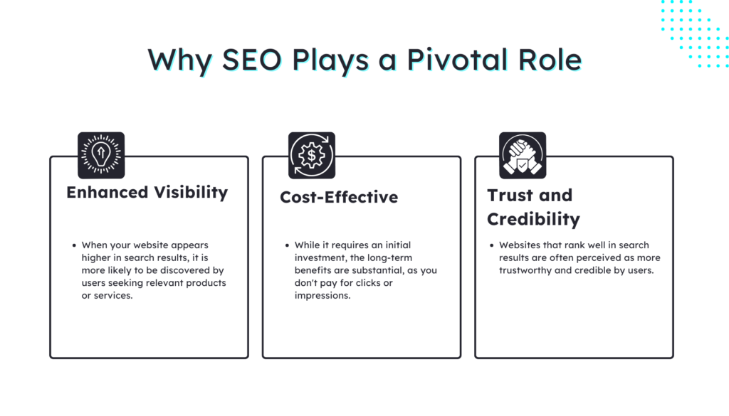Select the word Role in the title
(x=548, y=60)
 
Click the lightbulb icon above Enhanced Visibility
(x=101, y=155)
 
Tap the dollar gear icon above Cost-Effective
(x=312, y=155)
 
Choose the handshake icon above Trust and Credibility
(x=523, y=155)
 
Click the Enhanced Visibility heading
(x=147, y=193)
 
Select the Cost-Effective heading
(x=339, y=198)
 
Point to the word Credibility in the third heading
(x=533, y=219)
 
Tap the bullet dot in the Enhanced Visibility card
(x=74, y=245)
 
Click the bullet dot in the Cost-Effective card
(x=286, y=245)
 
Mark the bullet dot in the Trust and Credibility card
(x=491, y=245)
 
